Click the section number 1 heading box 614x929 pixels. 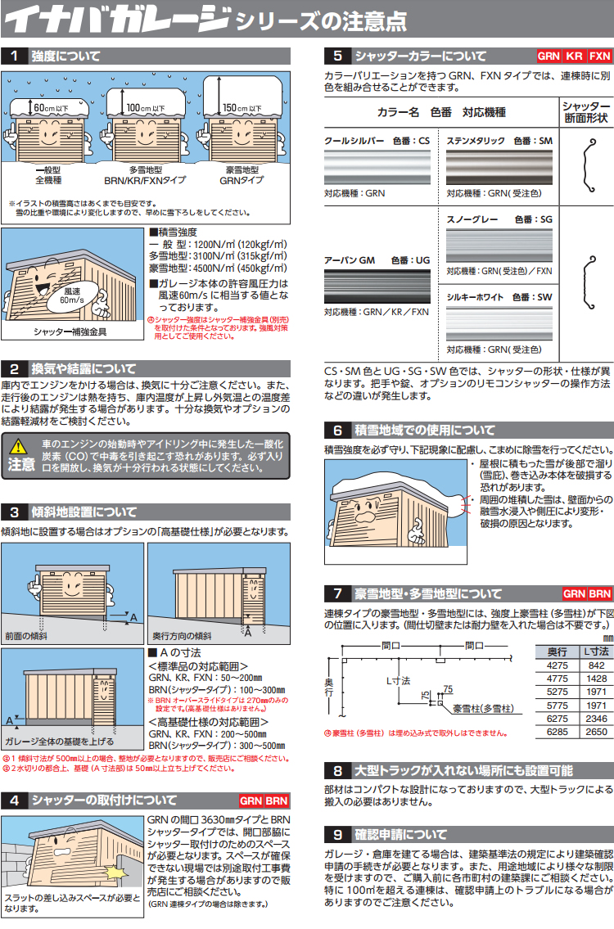coord(14,56)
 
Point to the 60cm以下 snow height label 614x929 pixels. coord(51,108)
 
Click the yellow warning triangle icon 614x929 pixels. coord(18,445)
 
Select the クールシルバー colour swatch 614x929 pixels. coord(377,167)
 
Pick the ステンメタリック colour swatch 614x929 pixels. coord(499,167)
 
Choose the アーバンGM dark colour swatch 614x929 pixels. coord(377,286)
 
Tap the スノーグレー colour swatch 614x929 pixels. coord(499,246)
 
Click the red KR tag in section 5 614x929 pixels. coord(574,56)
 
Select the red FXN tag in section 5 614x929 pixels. coord(599,56)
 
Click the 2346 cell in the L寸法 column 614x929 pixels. coord(596,719)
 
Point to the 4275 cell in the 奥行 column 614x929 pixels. coord(558,665)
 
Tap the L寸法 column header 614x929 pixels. coord(596,652)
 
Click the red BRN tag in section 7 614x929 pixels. coord(600,593)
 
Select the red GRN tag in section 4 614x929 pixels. coord(251,801)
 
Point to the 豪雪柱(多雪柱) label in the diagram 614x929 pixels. coord(484,709)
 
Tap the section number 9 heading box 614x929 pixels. coord(338,835)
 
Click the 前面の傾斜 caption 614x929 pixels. coord(26,636)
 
